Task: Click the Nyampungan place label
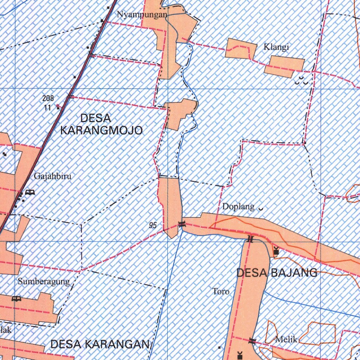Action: [142, 15]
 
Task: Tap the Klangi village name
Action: [276, 47]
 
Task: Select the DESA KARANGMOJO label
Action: [101, 124]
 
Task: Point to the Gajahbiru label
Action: [52, 176]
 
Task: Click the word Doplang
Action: [238, 207]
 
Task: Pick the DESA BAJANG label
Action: [277, 272]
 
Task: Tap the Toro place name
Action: [221, 291]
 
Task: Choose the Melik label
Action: [287, 340]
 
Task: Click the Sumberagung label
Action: [44, 282]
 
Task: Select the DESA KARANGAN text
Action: [100, 345]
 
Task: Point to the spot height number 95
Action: [153, 226]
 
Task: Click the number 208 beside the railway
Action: [48, 99]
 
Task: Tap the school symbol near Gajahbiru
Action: [30, 192]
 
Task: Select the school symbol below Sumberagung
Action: [16, 299]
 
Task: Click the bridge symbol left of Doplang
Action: [182, 224]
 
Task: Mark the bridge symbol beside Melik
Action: [252, 340]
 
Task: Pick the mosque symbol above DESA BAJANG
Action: [276, 251]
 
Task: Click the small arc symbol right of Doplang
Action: [261, 209]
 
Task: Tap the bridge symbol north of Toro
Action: [250, 239]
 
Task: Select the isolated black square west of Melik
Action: [220, 348]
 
